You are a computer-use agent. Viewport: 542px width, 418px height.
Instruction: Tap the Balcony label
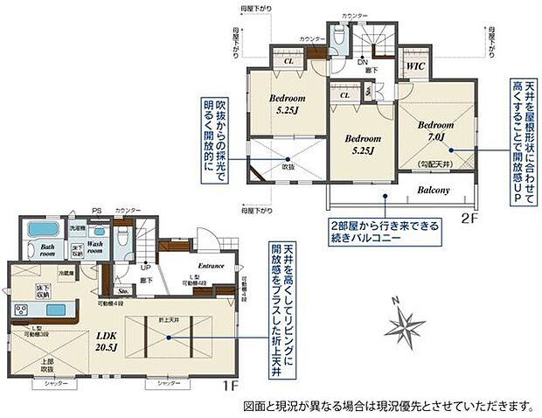coord(432,191)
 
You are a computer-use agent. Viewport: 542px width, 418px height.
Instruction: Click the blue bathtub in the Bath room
coord(42,230)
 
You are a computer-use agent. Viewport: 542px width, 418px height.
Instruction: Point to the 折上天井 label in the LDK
coord(168,320)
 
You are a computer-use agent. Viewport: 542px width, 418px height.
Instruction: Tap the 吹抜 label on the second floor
coord(288,166)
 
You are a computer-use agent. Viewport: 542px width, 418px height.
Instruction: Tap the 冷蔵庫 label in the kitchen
coord(66,273)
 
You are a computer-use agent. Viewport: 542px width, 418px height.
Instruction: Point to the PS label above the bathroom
coord(97,211)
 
